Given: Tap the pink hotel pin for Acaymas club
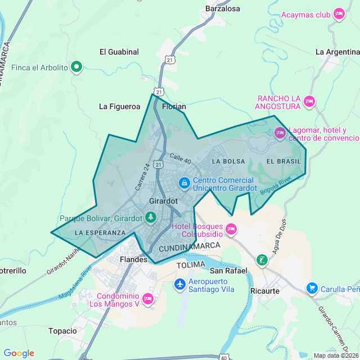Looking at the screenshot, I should pyautogui.click(x=339, y=14).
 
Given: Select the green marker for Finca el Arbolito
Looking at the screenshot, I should pyautogui.click(x=76, y=67).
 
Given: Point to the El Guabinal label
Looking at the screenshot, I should pyautogui.click(x=119, y=52).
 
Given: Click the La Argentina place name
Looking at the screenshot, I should pyautogui.click(x=337, y=52).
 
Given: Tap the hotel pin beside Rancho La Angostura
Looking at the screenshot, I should pyautogui.click(x=309, y=101).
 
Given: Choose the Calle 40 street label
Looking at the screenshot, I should pyautogui.click(x=180, y=159).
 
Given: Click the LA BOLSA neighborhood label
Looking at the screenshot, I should pyautogui.click(x=228, y=161).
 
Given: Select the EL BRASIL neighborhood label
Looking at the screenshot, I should pyautogui.click(x=284, y=161).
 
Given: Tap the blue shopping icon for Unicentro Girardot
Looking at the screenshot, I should pyautogui.click(x=183, y=183).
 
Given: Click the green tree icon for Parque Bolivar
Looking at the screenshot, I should pyautogui.click(x=150, y=217).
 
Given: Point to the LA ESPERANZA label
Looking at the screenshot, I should pyautogui.click(x=100, y=232).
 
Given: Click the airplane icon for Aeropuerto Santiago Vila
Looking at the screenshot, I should pyautogui.click(x=180, y=285).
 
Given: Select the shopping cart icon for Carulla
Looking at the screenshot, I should pyautogui.click(x=312, y=289).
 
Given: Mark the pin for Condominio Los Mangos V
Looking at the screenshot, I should pyautogui.click(x=148, y=299).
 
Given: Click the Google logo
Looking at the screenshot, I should pyautogui.click(x=19, y=353).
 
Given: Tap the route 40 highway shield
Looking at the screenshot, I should pyautogui.click(x=224, y=357).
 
